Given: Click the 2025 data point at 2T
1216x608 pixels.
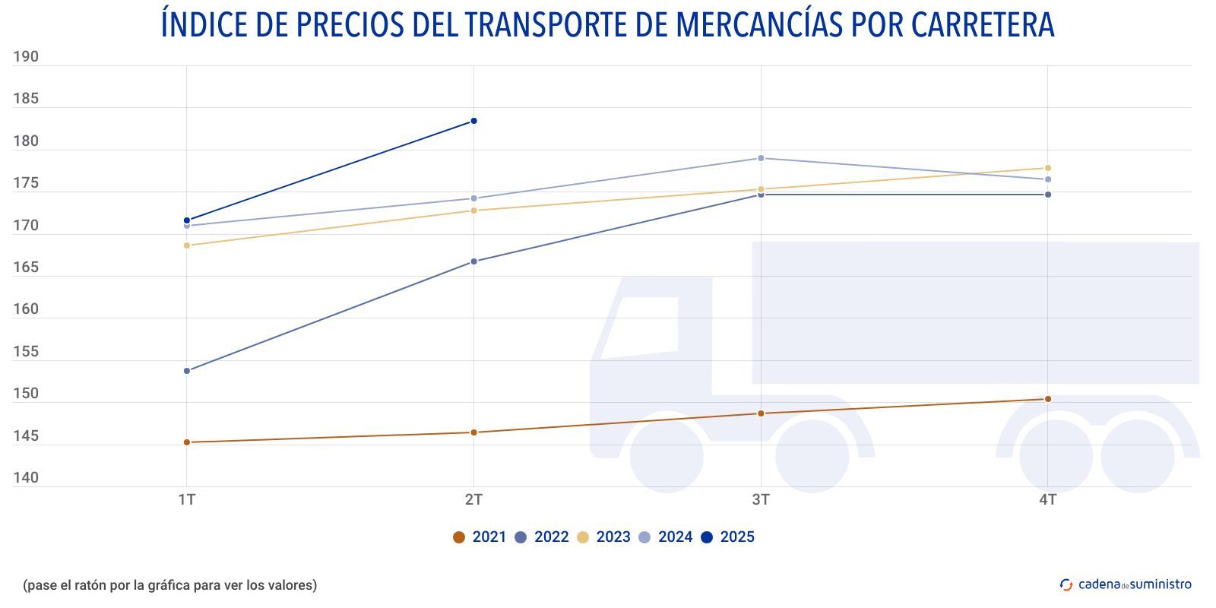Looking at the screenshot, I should pos(473,121).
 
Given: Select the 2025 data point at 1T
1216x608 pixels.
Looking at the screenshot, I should pos(187,220).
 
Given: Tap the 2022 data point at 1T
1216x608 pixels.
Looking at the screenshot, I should pos(187,371).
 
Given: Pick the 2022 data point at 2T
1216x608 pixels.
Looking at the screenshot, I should pos(473,261).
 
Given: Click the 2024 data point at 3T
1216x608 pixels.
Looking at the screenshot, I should pos(761,158).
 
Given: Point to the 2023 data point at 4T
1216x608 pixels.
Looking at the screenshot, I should pos(1048,168).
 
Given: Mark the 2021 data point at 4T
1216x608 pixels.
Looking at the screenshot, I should pos(1048,399).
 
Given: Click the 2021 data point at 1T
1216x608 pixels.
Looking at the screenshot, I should pos(187,442).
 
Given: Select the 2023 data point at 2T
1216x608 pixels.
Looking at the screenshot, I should pos(473,211).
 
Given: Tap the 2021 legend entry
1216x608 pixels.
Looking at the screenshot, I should pos(480,537).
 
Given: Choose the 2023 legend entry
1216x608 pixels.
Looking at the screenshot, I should pos(603,537).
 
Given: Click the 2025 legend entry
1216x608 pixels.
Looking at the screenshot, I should pos(727,537).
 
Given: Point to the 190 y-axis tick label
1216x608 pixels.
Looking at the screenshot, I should pos(26,57).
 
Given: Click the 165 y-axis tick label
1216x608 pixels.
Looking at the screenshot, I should pos(26,268).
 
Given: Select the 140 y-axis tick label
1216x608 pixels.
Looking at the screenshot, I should pos(26,478).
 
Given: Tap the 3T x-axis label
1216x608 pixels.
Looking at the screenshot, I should pos(761,499).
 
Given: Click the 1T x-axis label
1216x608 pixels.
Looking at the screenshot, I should pos(187,499).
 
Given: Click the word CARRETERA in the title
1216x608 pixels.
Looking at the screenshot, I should pos(982,24).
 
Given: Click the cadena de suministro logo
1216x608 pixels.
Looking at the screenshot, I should pos(1126,584).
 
